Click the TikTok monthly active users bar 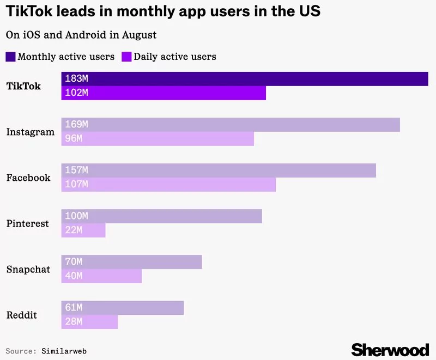pyautogui.click(x=245, y=79)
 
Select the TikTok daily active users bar pyautogui.click(x=163, y=93)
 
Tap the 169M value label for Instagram pyautogui.click(x=76, y=125)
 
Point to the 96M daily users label pyautogui.click(x=74, y=139)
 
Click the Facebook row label pyautogui.click(x=28, y=178)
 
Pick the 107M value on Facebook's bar pyautogui.click(x=76, y=185)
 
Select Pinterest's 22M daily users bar pyautogui.click(x=83, y=230)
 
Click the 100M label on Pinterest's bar pyautogui.click(x=76, y=216)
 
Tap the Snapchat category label pyautogui.click(x=28, y=269)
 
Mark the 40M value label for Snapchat pyautogui.click(x=74, y=276)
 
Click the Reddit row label pyautogui.click(x=21, y=315)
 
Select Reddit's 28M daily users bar pyautogui.click(x=90, y=322)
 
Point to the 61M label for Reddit pyautogui.click(x=74, y=308)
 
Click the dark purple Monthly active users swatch pyautogui.click(x=11, y=57)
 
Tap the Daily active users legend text pyautogui.click(x=175, y=57)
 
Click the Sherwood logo pyautogui.click(x=390, y=349)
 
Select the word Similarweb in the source pyautogui.click(x=64, y=351)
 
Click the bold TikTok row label pyautogui.click(x=23, y=86)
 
